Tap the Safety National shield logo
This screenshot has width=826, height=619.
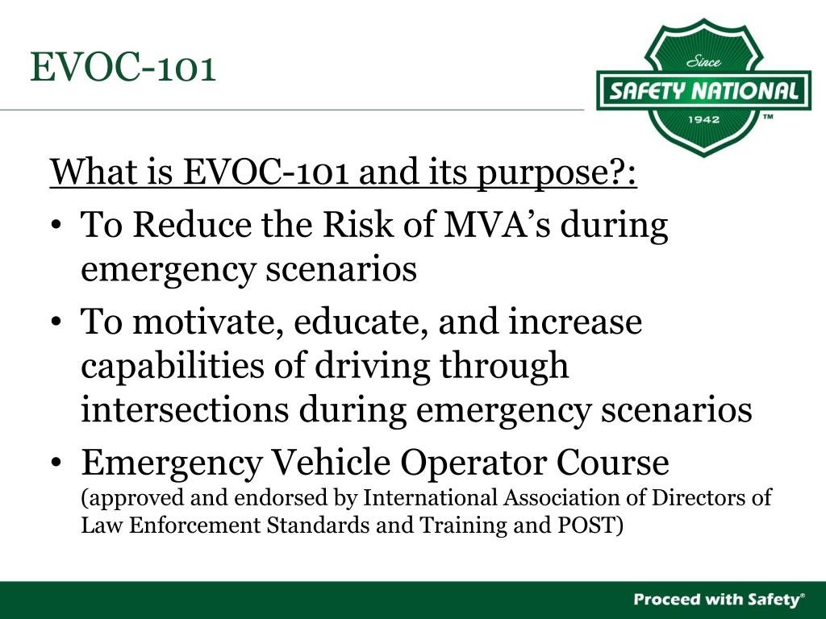(x=703, y=89)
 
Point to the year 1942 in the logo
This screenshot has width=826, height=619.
(x=703, y=119)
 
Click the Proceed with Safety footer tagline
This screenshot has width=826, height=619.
(x=719, y=599)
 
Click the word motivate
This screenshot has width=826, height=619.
(x=206, y=322)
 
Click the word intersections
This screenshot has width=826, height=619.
(x=185, y=409)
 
